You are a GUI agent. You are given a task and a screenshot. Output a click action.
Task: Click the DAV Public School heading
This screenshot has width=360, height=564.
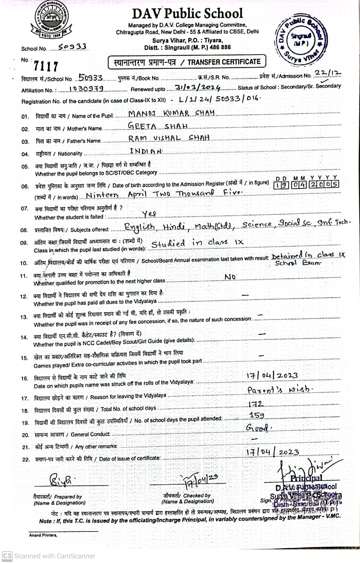point(187,14)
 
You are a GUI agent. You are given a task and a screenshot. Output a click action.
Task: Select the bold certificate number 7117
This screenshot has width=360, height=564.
point(46,67)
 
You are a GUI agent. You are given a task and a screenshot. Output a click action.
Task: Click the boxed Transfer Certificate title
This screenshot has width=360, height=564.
point(187,62)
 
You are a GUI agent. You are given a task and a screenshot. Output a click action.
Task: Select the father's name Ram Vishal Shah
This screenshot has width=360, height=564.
point(169,138)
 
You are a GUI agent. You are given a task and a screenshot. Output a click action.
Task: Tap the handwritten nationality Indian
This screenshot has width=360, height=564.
point(146,151)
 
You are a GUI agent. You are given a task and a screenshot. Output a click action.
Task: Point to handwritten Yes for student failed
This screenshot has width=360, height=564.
point(149,214)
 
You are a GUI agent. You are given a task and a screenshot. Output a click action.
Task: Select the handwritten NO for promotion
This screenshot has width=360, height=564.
point(230,277)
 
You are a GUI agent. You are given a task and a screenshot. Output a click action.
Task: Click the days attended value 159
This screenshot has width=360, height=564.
point(257,415)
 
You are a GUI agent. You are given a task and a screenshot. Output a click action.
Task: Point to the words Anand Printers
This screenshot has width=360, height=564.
point(43,535)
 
